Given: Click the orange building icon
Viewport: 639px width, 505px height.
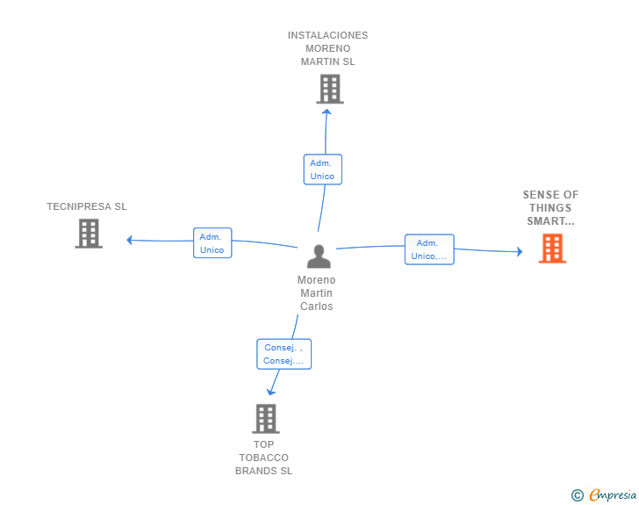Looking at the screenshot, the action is [552, 248].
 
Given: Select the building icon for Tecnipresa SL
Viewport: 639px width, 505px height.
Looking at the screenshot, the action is [89, 234].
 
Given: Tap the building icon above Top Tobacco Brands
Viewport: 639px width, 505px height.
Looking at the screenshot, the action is [266, 419].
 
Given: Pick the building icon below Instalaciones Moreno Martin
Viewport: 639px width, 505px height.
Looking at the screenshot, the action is [330, 89].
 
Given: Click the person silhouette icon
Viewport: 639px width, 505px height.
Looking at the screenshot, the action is [319, 256].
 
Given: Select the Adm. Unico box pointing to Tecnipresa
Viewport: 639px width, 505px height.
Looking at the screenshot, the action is [212, 242].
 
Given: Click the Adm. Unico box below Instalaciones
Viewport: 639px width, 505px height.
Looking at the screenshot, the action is [322, 170].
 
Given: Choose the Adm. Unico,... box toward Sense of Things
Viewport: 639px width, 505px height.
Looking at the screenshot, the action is [429, 249].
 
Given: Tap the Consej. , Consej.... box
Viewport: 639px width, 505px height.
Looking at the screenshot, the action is [284, 354].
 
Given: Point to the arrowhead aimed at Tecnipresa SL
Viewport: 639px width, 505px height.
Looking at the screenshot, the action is [129, 240].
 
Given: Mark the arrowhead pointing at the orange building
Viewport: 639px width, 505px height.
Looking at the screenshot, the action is [520, 251].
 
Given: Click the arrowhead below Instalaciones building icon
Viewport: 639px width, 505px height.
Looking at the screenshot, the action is [327, 112].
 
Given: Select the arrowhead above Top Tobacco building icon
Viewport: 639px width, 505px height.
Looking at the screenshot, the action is [270, 393].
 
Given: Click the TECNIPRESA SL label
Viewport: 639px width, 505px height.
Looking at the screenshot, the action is [87, 206].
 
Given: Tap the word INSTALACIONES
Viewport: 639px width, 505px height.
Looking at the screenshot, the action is [327, 35].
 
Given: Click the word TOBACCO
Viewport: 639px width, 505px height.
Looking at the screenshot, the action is [263, 458].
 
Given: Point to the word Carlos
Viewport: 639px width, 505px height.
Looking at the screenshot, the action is [317, 307].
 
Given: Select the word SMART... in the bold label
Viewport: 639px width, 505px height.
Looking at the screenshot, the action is [550, 221].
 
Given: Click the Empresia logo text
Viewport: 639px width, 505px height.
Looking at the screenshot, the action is [613, 494].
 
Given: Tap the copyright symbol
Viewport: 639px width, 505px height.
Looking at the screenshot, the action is [578, 495].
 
